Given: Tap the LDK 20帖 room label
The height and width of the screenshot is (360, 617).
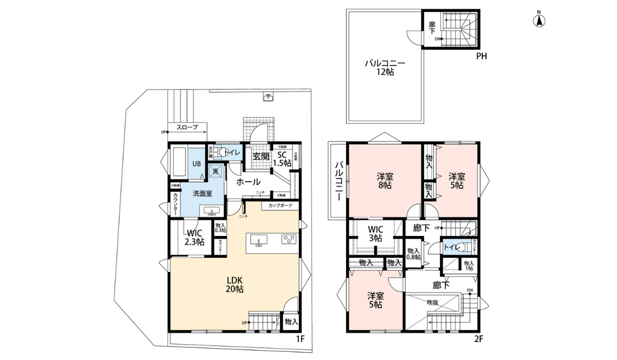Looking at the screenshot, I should pos(234,284).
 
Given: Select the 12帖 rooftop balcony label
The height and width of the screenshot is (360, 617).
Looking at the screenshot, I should pos(385,67).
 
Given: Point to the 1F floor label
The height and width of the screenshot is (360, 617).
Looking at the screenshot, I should pos(301,339).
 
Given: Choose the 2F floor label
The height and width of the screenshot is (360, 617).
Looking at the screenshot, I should pos(478,339).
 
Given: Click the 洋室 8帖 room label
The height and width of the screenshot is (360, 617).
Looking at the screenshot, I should pos(384,181).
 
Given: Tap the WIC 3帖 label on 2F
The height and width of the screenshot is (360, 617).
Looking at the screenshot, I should pos(375,233).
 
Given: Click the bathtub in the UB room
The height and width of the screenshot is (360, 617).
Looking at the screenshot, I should pos(178,163).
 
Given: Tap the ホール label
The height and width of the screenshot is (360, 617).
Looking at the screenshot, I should pos(248,182).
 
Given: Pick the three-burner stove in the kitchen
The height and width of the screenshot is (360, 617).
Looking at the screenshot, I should pos(289,240).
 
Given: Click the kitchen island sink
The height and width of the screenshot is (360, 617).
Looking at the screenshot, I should pos(259,241).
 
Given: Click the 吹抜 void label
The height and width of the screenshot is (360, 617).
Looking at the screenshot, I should pos(432,302).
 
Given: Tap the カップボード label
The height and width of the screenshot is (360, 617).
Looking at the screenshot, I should pos(280,206).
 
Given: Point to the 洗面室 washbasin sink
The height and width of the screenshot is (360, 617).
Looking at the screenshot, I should pos(211,211).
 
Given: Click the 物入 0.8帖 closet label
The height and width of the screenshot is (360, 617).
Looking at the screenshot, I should pos(413,254).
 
